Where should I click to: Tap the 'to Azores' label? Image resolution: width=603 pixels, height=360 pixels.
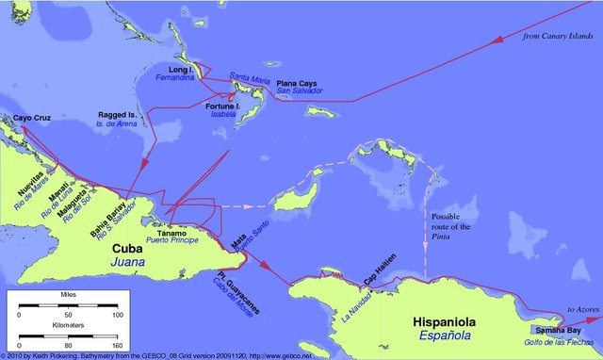point(579,308)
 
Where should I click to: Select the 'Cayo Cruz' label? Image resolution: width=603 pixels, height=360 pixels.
point(30,119)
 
